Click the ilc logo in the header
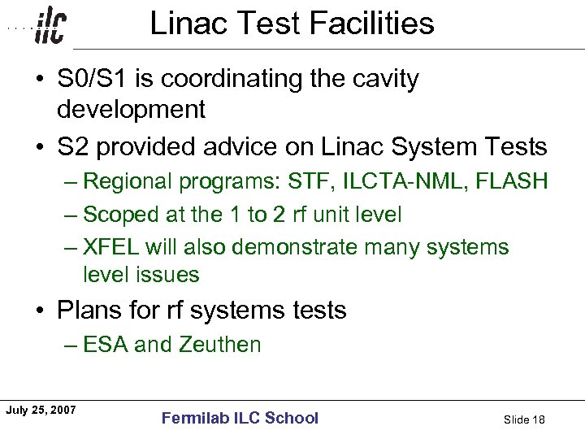[x=50, y=28]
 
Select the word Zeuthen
[x=219, y=345]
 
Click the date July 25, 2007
[x=41, y=410]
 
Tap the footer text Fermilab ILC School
[x=240, y=418]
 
